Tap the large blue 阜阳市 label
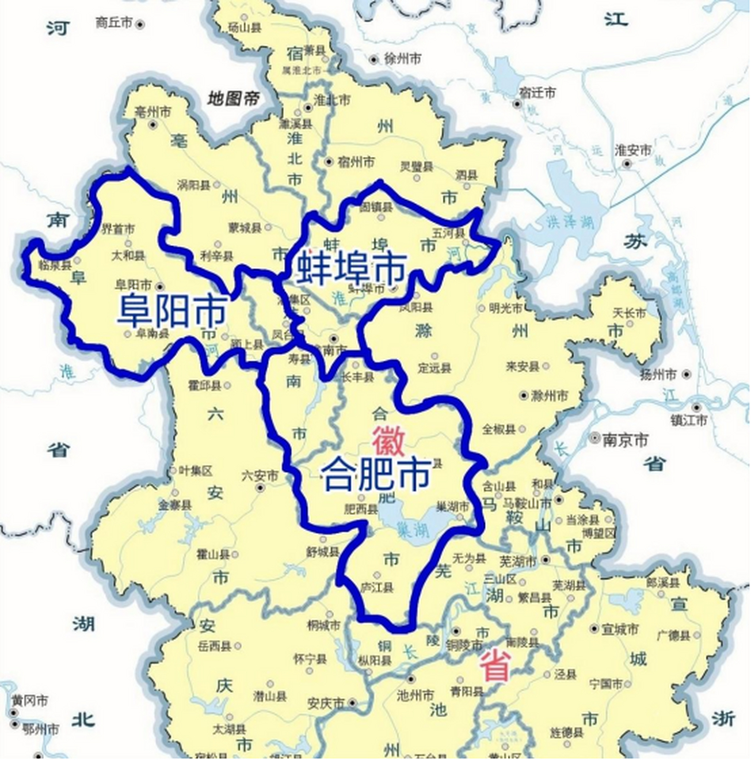(x=173, y=310)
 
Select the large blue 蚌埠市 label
(x=352, y=268)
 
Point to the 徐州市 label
(x=403, y=59)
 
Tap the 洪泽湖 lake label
(x=570, y=222)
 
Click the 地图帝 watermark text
(x=233, y=98)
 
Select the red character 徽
(x=389, y=441)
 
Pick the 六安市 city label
(x=260, y=476)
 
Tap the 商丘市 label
(x=114, y=23)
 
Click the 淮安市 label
(x=633, y=150)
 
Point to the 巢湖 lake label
(x=411, y=527)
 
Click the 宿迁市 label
(x=537, y=93)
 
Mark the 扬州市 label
(x=658, y=375)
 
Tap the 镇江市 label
(x=689, y=420)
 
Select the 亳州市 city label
(x=152, y=112)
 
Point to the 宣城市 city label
(x=620, y=629)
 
